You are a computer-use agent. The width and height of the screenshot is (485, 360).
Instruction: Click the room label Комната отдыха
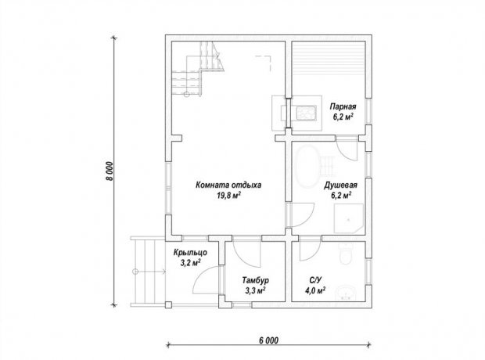(228, 185)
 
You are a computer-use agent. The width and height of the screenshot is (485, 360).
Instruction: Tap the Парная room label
(343, 106)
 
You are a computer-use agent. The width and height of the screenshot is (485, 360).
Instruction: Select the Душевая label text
(340, 185)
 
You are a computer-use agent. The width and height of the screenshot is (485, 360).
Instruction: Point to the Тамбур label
(255, 280)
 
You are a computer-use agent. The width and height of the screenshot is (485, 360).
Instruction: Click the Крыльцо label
(190, 253)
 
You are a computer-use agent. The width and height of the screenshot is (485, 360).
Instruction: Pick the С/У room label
(315, 280)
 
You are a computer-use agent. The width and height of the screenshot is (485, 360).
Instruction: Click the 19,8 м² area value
(228, 196)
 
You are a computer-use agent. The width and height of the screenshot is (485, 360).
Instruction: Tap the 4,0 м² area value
(315, 290)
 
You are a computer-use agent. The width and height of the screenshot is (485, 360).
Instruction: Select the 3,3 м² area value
(256, 290)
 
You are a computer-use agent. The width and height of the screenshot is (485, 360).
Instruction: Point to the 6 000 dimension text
(268, 340)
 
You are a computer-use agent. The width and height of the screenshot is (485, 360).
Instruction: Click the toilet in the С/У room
(346, 253)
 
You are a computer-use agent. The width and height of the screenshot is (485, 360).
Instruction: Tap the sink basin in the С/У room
(346, 293)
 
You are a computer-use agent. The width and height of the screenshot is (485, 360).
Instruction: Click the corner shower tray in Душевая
(349, 218)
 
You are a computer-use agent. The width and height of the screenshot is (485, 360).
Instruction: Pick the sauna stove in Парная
(306, 113)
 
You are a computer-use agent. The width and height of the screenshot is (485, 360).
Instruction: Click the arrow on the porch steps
(149, 272)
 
